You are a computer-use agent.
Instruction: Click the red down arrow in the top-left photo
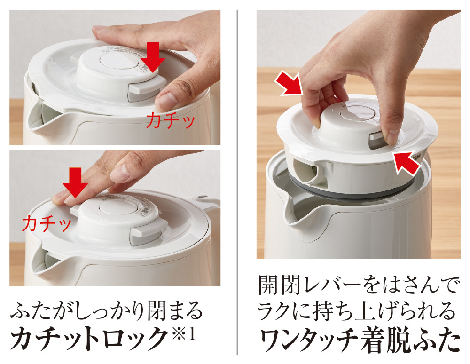click(153, 57)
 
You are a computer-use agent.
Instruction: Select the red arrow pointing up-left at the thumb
click(407, 163)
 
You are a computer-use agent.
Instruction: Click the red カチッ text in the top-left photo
click(171, 120)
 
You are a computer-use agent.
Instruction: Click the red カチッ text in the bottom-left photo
click(47, 223)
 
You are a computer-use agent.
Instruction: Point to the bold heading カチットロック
click(89, 339)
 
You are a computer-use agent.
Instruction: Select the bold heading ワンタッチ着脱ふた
click(360, 340)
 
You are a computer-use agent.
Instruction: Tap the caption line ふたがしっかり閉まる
click(106, 311)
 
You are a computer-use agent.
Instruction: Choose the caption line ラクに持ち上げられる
click(357, 311)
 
